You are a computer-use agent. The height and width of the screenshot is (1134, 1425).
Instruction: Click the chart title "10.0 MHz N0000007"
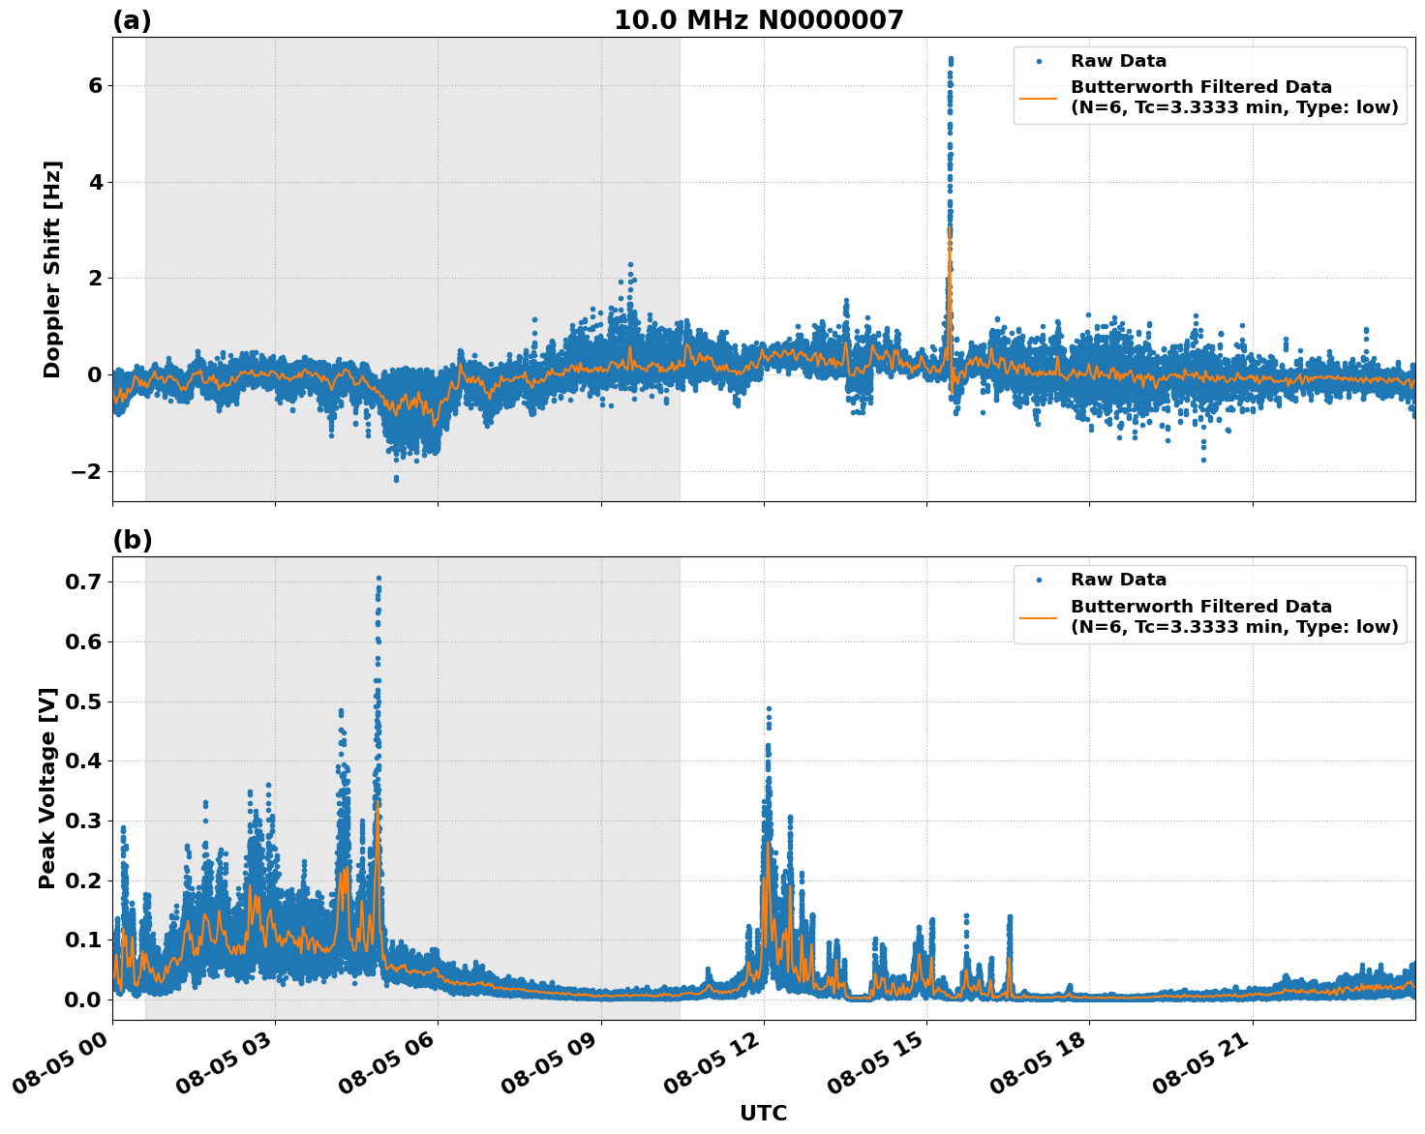tap(758, 20)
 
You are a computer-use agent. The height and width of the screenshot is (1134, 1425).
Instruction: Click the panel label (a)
tap(132, 20)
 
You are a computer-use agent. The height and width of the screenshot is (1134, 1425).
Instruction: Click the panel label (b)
tap(133, 540)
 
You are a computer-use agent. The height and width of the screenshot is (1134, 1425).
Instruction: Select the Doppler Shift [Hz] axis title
tap(52, 269)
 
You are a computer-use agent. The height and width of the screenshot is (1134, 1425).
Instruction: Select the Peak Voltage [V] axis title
tap(47, 788)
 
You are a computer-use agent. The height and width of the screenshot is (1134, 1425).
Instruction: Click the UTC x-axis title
tap(763, 1113)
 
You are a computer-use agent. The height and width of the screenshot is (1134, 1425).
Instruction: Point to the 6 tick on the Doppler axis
tap(95, 85)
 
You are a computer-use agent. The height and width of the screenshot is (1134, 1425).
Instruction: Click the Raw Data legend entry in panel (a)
tap(1118, 61)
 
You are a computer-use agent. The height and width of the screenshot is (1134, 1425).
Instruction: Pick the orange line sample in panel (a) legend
tap(1039, 97)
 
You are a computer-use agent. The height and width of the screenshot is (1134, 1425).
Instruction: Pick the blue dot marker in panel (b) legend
tap(1039, 580)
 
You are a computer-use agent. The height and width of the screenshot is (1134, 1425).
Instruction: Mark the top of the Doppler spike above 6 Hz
tap(950, 59)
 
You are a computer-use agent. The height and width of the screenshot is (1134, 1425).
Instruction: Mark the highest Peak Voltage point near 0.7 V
tap(379, 579)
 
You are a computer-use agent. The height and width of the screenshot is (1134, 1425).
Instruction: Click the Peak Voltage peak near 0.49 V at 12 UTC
tap(769, 708)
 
